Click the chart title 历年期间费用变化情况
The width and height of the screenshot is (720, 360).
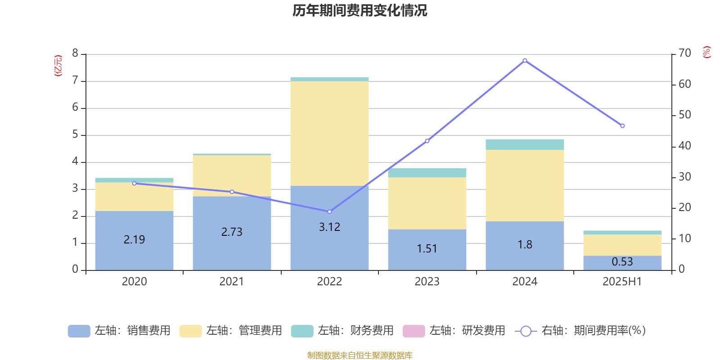pos(360,10)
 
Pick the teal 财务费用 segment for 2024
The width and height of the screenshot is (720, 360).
pos(525,144)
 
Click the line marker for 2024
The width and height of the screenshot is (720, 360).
pos(525,60)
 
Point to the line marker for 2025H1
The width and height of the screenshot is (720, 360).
pos(622,126)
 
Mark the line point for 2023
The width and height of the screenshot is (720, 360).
pos(427,141)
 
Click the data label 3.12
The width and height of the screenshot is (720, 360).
pos(329,227)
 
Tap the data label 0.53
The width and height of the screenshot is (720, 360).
pos(622,262)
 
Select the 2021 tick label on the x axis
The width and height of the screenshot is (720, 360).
pos(232,282)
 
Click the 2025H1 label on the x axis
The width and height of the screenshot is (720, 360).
pos(622,282)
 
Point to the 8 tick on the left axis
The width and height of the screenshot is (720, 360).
pos(75,54)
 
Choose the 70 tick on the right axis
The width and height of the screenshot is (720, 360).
pos(684,54)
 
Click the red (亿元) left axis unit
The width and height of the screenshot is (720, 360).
pos(58,66)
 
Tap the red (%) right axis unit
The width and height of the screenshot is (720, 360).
pos(706,52)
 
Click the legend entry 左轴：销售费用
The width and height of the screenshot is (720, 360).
pos(119,331)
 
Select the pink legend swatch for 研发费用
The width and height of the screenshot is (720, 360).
pos(414,331)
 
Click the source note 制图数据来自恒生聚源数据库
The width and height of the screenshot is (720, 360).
pos(360,355)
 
